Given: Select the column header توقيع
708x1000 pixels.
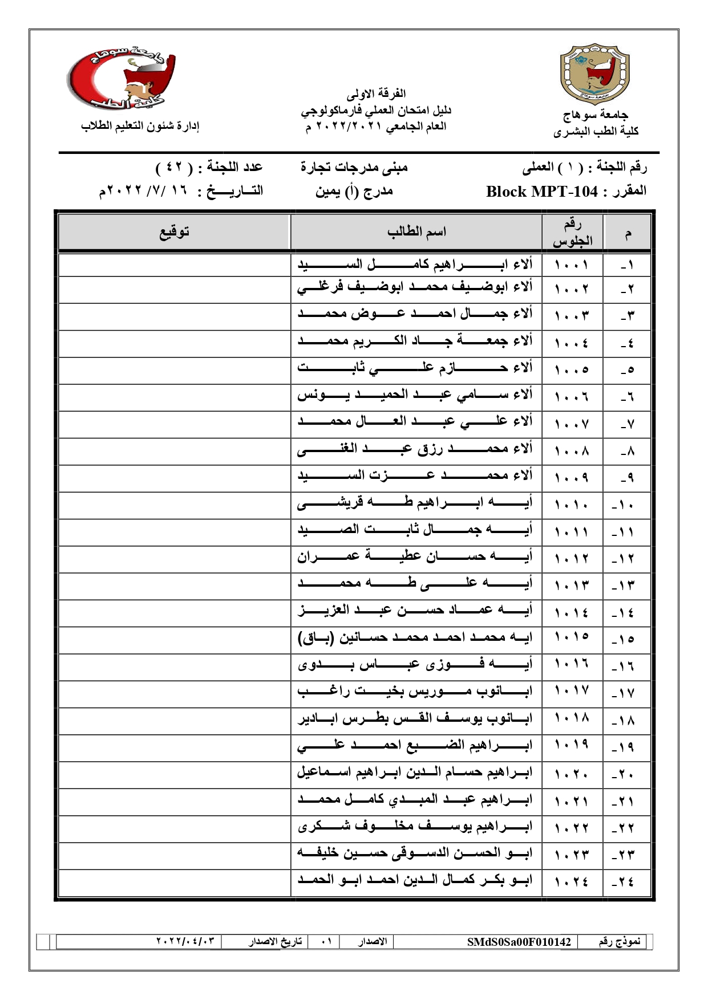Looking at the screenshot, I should pyautogui.click(x=174, y=232).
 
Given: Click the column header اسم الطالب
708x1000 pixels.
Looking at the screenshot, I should pyautogui.click(x=416, y=232).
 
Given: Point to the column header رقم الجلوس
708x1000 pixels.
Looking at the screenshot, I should pyautogui.click(x=572, y=233).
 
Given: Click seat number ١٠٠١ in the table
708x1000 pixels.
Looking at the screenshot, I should pyautogui.click(x=572, y=265).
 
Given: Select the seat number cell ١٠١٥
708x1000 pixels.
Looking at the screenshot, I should pyautogui.click(x=572, y=637).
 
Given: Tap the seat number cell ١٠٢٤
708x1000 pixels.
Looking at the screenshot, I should pyautogui.click(x=572, y=882).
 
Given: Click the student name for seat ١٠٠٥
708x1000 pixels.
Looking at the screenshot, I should pyautogui.click(x=415, y=368).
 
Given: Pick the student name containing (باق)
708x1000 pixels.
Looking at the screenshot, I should pyautogui.click(x=415, y=637).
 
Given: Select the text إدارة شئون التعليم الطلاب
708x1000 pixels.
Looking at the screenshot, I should pyautogui.click(x=140, y=126).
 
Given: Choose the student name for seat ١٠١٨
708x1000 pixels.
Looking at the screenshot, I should pyautogui.click(x=415, y=719).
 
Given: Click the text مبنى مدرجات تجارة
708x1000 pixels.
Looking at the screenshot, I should pyautogui.click(x=354, y=167).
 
